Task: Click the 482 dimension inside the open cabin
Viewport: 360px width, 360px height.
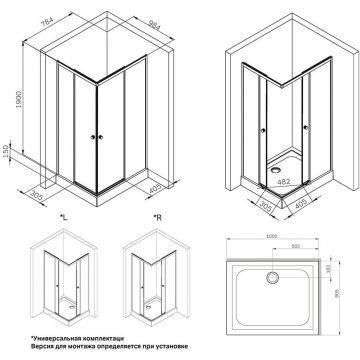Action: coord(282,183)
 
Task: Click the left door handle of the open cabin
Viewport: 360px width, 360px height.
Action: coord(260,137)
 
